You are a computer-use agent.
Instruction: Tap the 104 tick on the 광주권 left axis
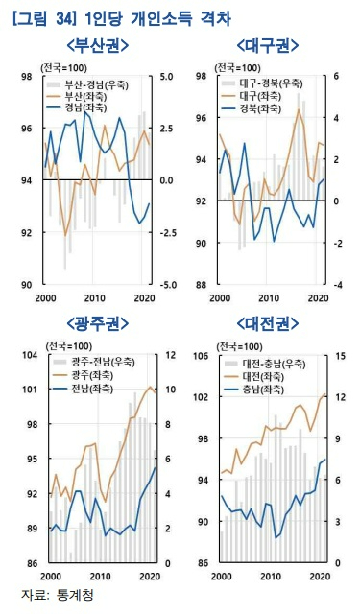[x=28, y=355]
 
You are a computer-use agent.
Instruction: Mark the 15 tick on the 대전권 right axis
[x=340, y=355]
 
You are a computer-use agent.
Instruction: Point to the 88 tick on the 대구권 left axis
[x=204, y=285]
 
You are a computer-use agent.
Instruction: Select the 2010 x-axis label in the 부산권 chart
[x=93, y=297]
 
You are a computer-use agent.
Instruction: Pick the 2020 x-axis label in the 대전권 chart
[x=320, y=575]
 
